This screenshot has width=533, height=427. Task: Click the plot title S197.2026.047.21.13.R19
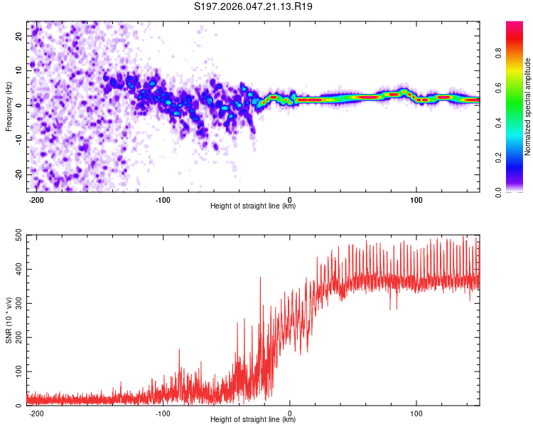[254, 6]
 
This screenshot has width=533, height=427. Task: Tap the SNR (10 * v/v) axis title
[9, 320]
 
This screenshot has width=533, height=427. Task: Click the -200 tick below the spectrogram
[36, 199]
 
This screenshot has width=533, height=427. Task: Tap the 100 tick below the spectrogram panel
[416, 199]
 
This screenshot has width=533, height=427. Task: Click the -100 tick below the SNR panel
[163, 413]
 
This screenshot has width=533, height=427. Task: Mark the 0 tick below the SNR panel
[290, 413]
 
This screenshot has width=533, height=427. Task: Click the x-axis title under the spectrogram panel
[253, 206]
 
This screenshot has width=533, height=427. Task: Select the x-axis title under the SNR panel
[253, 420]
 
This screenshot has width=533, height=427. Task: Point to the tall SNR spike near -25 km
[260, 278]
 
